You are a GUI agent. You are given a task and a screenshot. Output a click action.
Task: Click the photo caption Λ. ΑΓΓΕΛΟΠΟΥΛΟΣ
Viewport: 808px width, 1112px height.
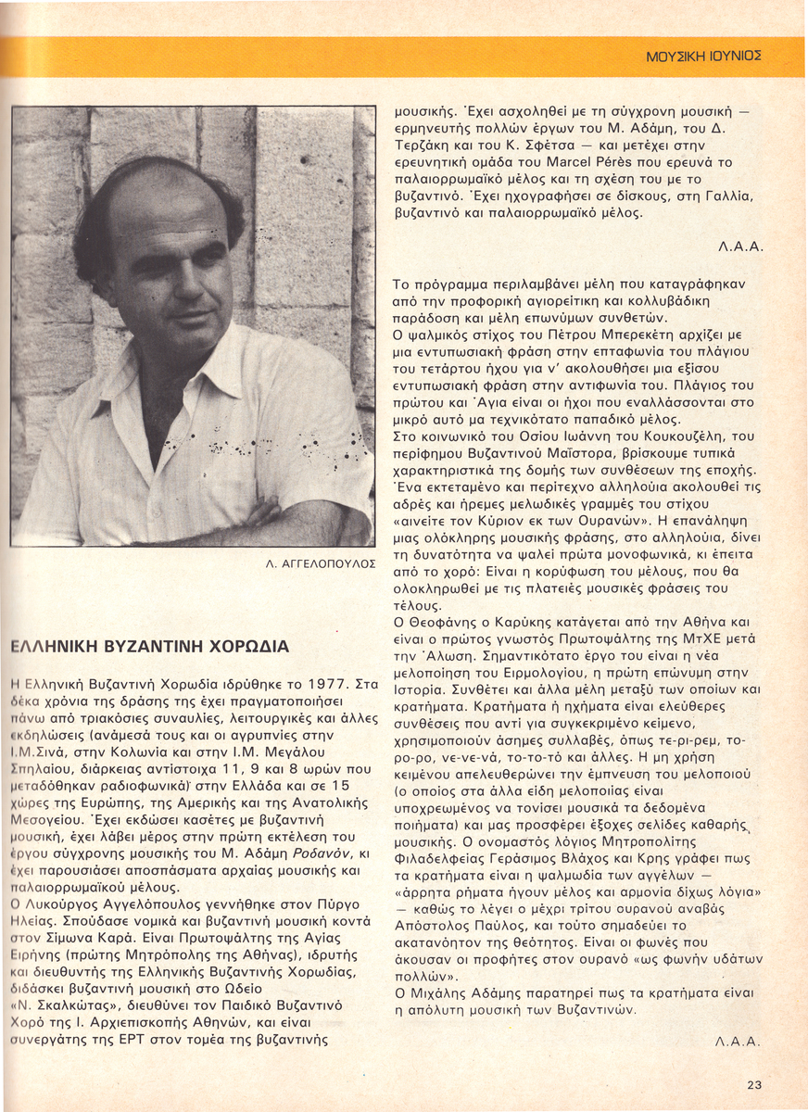click(x=321, y=562)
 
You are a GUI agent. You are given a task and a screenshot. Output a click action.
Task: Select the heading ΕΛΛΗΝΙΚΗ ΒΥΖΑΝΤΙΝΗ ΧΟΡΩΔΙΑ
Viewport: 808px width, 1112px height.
click(x=148, y=646)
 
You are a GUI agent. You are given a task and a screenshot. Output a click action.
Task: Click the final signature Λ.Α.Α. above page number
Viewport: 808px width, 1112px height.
click(x=739, y=1042)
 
